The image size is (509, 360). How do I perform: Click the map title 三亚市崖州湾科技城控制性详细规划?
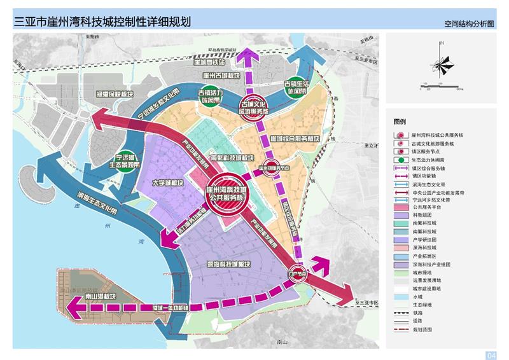(x=102, y=20)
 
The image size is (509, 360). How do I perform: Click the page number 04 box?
(x=491, y=354)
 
